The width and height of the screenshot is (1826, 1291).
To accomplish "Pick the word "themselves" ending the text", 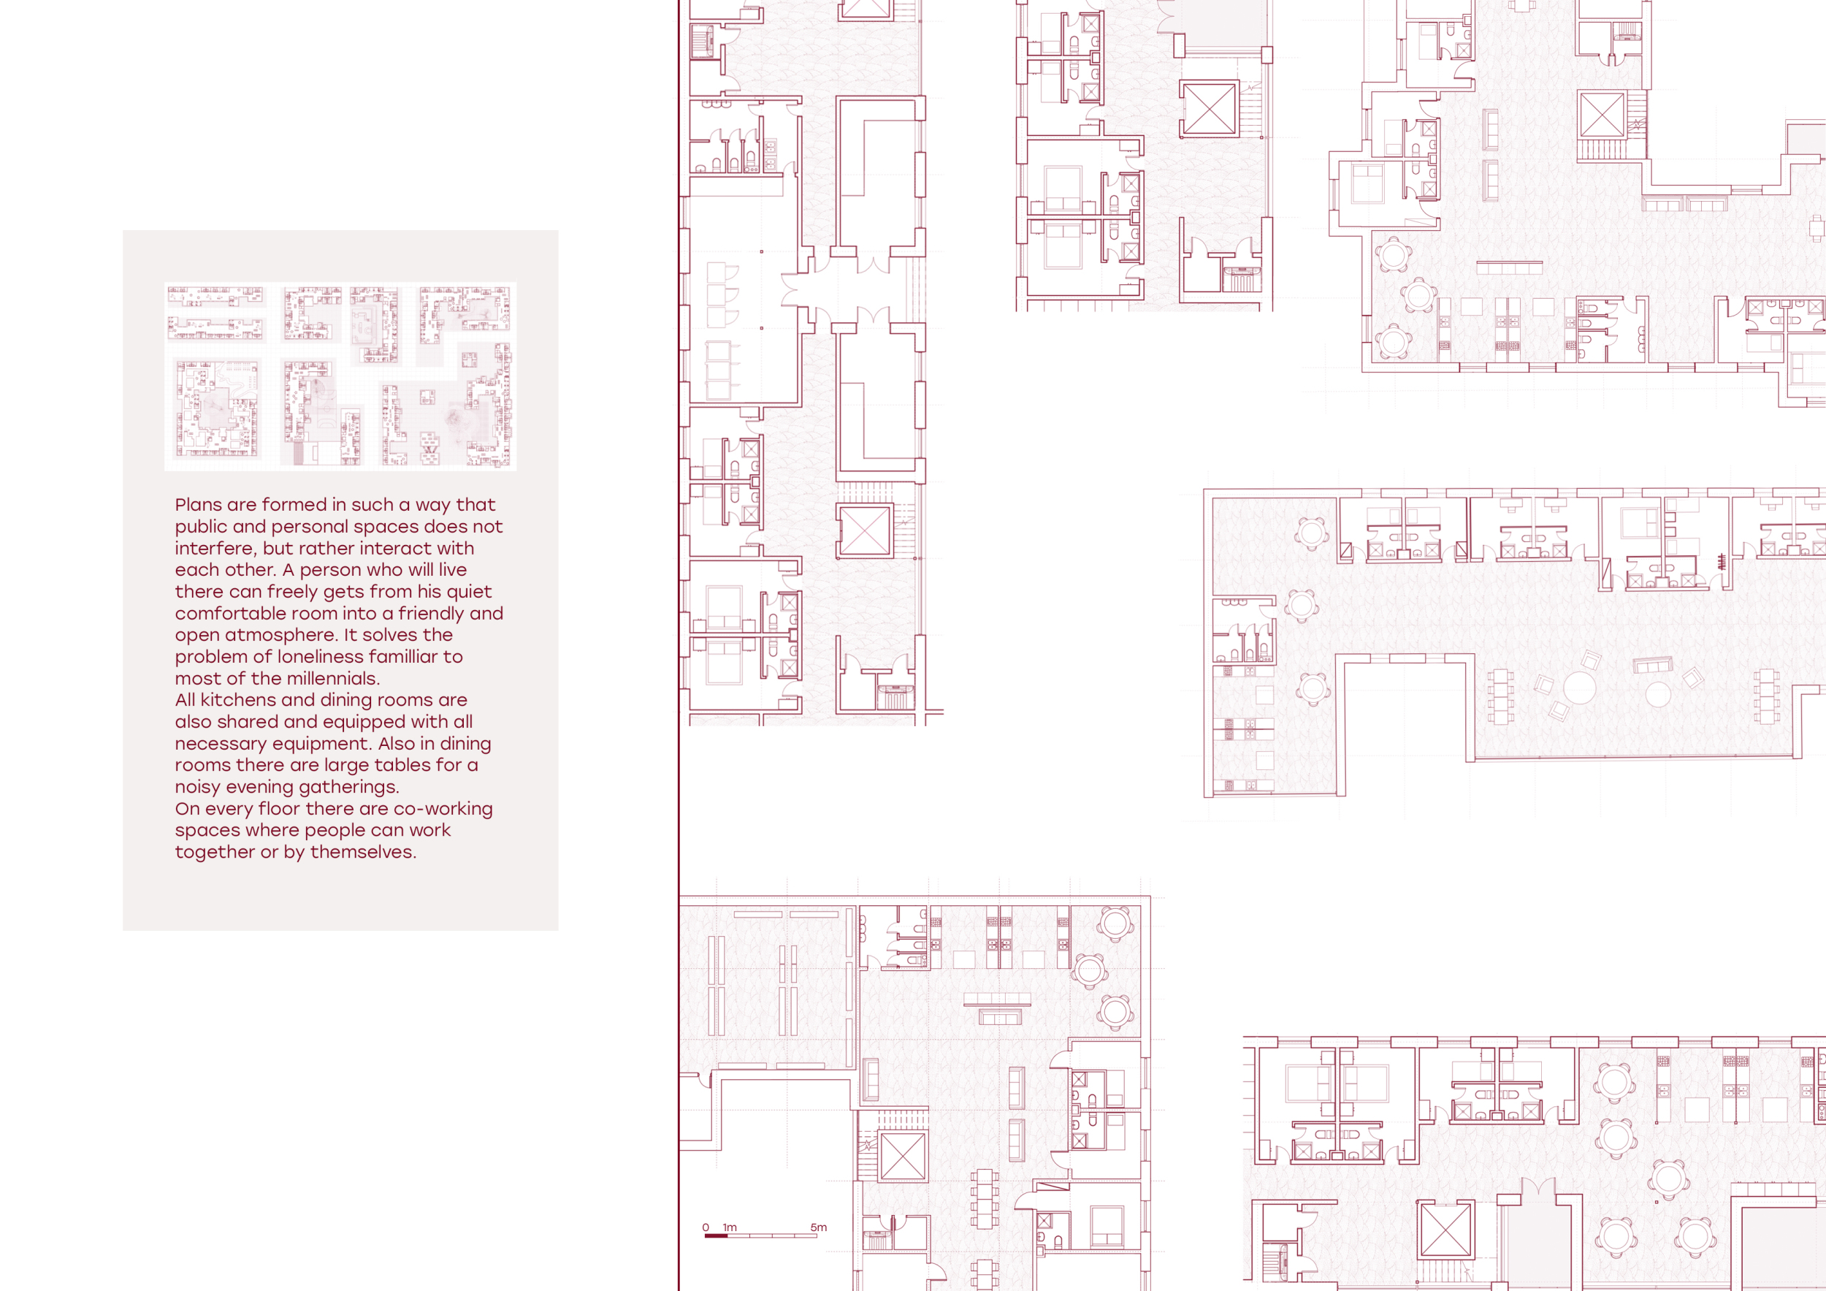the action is tap(363, 852).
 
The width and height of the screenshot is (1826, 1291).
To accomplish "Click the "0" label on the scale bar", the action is tap(706, 1227).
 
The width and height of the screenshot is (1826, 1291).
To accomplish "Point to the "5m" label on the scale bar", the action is tap(818, 1227).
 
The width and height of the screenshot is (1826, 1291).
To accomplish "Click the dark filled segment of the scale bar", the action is tap(716, 1236).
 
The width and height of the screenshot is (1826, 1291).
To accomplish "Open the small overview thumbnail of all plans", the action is tap(340, 376).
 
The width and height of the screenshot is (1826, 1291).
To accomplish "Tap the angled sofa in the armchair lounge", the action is tap(1653, 665).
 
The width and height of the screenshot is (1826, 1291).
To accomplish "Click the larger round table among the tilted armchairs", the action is tap(1579, 688).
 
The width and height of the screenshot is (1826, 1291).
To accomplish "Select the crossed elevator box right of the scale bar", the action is tap(904, 1156).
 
